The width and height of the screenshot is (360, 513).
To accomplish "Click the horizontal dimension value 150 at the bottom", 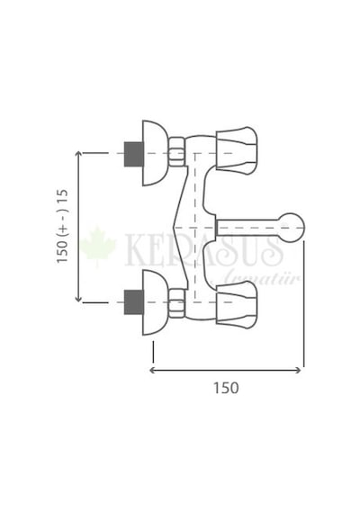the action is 226,388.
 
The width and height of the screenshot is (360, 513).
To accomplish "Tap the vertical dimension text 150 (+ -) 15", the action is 62,226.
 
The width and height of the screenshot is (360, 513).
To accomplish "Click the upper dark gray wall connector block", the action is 134,154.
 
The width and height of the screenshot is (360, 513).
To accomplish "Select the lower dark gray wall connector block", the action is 134,302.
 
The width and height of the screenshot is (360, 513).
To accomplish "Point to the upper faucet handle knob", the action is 237,148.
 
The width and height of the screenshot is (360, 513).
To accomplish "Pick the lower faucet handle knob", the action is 237,304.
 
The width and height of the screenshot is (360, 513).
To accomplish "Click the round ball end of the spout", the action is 293,228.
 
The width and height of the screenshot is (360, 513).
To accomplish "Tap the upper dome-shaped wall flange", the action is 155,153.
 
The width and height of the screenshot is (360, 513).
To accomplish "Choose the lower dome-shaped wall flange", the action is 155,302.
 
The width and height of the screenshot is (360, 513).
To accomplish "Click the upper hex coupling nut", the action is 177,153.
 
